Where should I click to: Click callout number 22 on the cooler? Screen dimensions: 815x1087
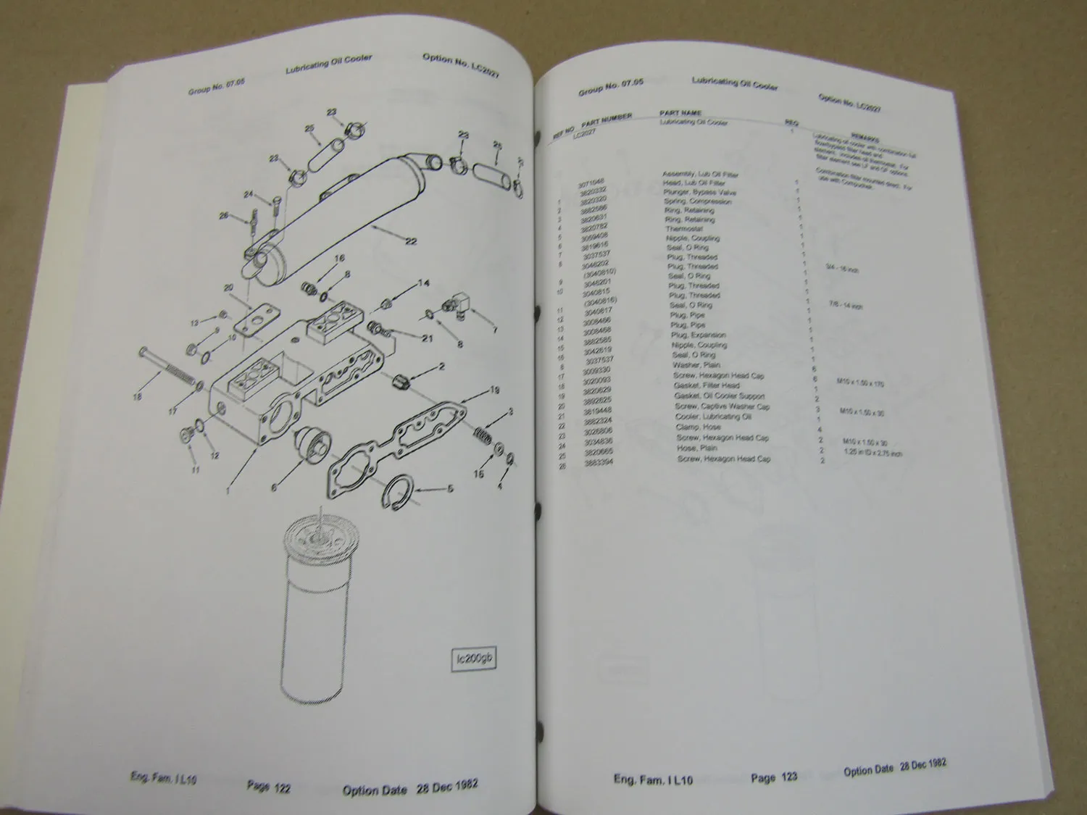(x=411, y=241)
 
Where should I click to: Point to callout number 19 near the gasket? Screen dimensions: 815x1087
(x=495, y=390)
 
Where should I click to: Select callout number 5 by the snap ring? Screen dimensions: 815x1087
(x=451, y=490)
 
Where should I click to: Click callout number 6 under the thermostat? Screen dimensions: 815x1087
(x=274, y=488)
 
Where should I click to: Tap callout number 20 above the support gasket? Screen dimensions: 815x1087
(x=228, y=288)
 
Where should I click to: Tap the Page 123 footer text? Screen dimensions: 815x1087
(x=774, y=777)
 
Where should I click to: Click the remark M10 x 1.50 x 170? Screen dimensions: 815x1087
(x=854, y=383)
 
